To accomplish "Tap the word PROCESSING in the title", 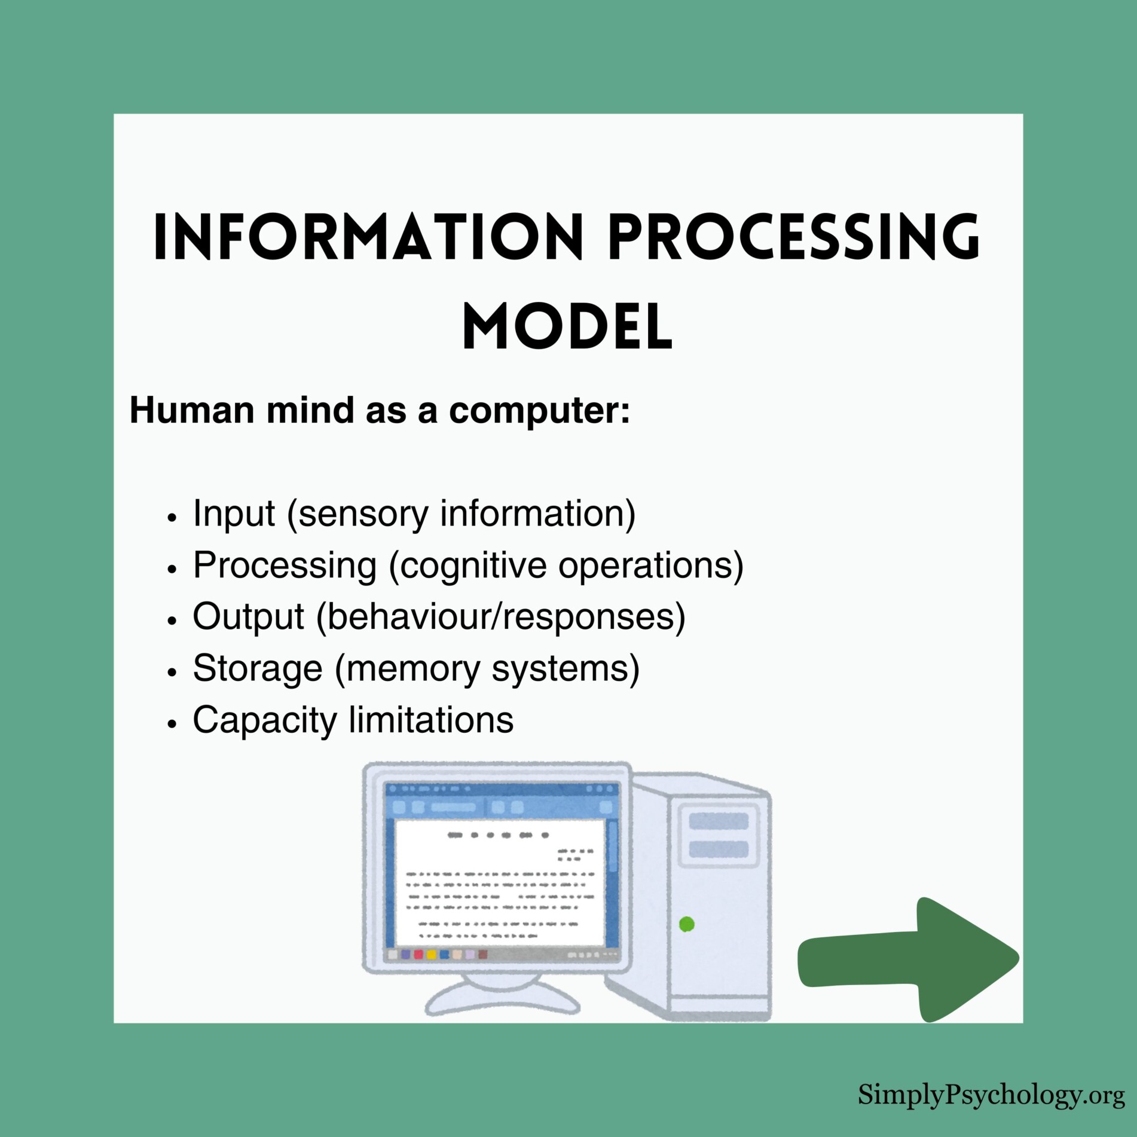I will (794, 237).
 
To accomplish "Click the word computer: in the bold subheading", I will (539, 411).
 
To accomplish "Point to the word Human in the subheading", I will (192, 411).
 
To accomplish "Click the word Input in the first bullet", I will (234, 514).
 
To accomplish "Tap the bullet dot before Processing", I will (172, 568).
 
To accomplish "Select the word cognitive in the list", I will (473, 566).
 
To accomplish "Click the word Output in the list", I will (248, 616).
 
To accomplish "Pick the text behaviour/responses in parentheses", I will (501, 616).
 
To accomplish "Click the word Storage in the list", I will (257, 668).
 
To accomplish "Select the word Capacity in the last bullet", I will (265, 720).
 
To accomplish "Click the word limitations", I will (431, 720).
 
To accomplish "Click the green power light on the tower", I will (687, 924).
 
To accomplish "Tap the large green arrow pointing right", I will (909, 959).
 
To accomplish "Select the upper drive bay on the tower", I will (718, 821).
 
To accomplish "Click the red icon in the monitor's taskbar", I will (418, 954).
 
